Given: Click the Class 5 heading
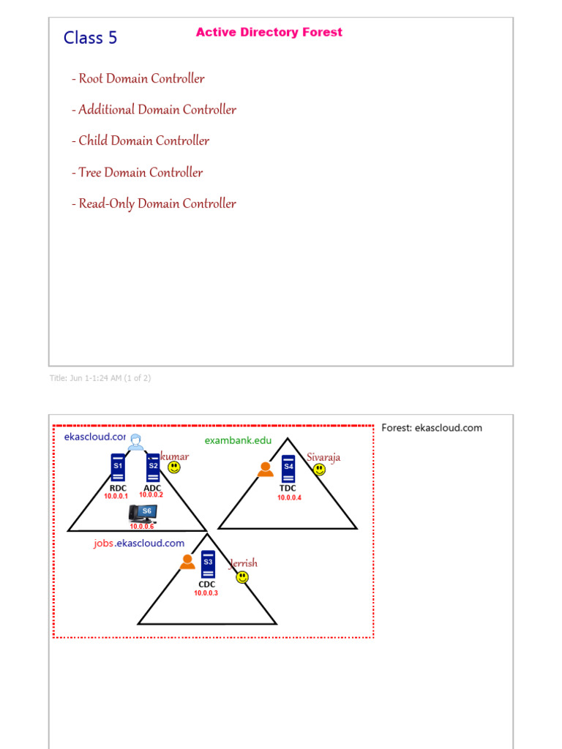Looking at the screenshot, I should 90,37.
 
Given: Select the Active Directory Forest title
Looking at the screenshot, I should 269,32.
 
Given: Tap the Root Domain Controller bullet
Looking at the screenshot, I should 138,78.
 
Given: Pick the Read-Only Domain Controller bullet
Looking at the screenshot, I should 154,203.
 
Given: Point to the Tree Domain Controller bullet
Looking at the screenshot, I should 138,173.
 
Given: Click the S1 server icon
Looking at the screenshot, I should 118,467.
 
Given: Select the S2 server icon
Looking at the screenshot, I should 153,467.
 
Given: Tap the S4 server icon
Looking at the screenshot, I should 288,469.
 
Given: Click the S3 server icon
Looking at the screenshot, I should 207,565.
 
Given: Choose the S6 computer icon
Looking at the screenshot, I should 143,513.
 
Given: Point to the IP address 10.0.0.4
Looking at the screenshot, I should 289,498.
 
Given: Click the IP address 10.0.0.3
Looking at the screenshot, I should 206,593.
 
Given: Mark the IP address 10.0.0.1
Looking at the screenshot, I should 116,497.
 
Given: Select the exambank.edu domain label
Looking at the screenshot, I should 238,440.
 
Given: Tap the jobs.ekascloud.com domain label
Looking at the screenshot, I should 139,543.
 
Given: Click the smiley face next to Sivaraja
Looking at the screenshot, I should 319,470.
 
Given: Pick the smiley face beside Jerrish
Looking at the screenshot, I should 242,577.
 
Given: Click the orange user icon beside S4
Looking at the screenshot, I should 266,470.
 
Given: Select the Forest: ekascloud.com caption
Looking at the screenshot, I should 432,428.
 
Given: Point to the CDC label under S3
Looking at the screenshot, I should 207,584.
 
